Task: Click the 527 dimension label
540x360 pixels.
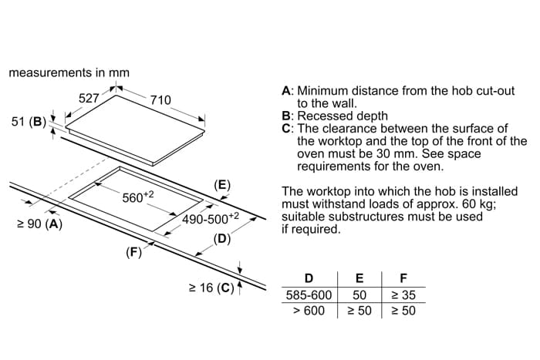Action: (x=89, y=99)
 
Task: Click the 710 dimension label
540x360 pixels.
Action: (x=160, y=100)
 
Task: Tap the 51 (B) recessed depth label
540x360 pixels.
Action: (x=29, y=122)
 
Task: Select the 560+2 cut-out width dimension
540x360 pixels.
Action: (x=139, y=197)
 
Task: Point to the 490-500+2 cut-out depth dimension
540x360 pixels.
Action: (x=211, y=219)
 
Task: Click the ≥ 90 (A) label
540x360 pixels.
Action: (x=39, y=225)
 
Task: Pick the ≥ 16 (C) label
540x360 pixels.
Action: (x=211, y=288)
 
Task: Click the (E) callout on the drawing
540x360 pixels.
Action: (x=222, y=185)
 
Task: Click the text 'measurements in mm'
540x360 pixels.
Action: (x=69, y=72)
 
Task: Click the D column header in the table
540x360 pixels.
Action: (x=309, y=278)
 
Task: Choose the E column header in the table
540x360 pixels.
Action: (x=359, y=278)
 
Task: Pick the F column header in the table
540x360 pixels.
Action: (x=403, y=278)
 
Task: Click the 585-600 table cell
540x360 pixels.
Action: (x=309, y=295)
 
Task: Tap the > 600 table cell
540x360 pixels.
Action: (x=309, y=311)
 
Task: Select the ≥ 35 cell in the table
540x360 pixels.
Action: (x=403, y=295)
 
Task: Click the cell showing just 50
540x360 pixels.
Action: (x=359, y=295)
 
